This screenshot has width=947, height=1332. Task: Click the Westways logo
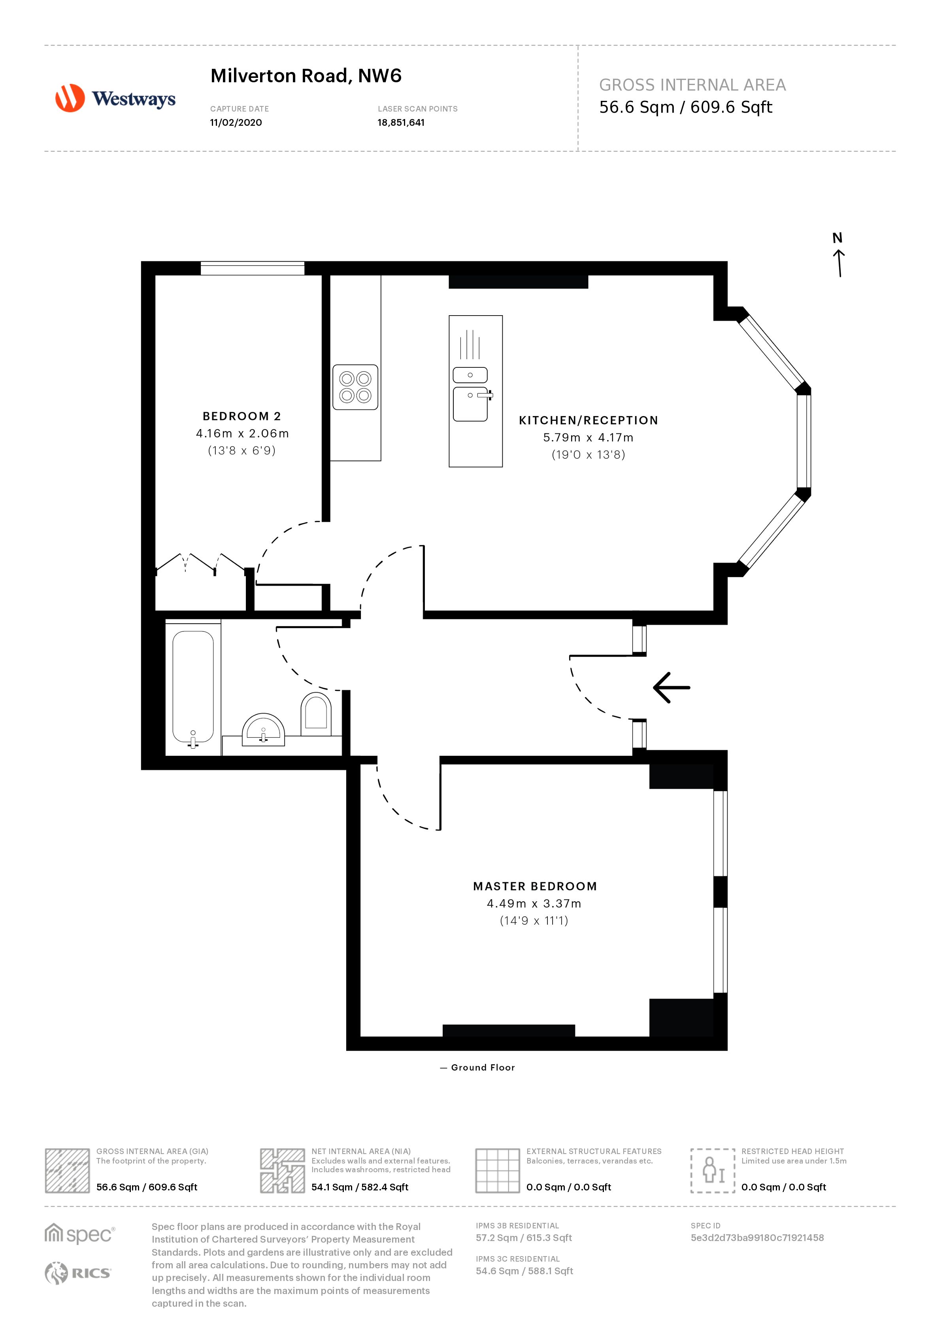tap(115, 98)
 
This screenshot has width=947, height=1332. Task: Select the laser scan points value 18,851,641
tap(401, 123)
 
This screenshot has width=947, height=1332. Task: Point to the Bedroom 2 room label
tap(241, 416)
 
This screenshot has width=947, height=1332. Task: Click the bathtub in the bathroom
tap(193, 687)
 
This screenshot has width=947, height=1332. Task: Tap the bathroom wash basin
tap(263, 729)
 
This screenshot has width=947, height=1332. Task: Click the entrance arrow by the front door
tap(671, 687)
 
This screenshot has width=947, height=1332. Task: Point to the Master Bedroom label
tap(535, 886)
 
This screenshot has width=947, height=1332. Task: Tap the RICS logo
tap(77, 1273)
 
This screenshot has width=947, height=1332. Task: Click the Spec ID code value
tap(757, 1237)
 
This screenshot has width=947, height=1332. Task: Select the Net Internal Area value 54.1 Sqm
tap(359, 1187)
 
